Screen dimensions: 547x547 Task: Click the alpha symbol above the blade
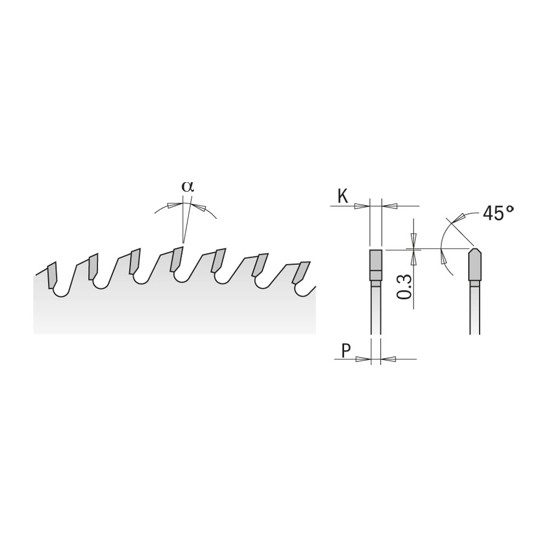pyautogui.click(x=187, y=187)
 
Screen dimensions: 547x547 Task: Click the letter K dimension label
pyautogui.click(x=343, y=197)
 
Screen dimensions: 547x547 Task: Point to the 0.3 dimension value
pyautogui.click(x=404, y=287)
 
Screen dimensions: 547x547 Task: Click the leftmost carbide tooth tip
pyautogui.click(x=51, y=275)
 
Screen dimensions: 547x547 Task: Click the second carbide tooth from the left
pyautogui.click(x=93, y=267)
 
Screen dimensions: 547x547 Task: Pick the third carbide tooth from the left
pyautogui.click(x=135, y=261)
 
